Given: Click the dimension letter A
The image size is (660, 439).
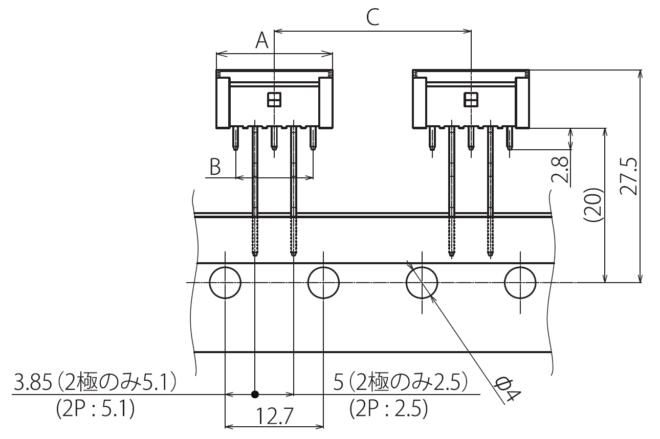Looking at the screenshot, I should (262, 40).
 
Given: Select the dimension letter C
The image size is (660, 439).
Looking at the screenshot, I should (373, 18).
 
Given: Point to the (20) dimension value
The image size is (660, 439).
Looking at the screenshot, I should (593, 205).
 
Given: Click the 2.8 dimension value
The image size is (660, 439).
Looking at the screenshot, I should (561, 170).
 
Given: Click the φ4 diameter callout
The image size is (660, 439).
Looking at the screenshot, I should (509, 389).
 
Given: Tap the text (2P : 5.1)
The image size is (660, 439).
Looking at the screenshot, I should (95, 409).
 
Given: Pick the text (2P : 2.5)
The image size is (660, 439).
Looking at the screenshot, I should (388, 409).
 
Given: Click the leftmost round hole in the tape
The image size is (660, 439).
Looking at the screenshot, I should (225, 283).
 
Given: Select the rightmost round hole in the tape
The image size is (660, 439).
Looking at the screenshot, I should (520, 283).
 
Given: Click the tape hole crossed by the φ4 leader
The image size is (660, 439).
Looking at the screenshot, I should (422, 283).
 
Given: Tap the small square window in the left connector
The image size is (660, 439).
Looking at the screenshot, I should (274, 100).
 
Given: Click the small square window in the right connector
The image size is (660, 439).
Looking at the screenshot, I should (471, 100).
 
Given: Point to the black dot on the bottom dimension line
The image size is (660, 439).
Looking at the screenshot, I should (255, 395).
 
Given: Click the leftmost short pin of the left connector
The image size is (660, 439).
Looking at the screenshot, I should (235, 138).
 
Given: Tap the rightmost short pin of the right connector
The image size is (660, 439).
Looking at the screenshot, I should (510, 138).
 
